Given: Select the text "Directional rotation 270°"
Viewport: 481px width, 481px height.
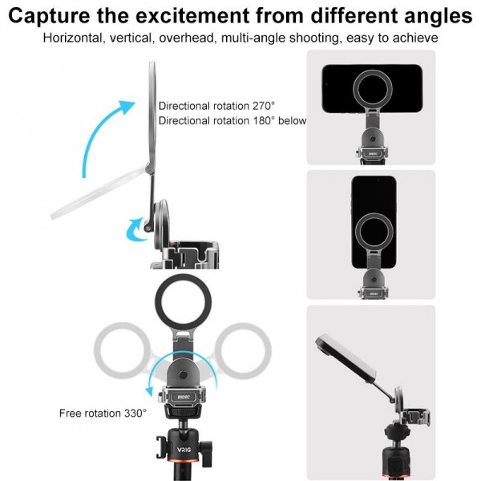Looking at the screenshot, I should click(x=216, y=106).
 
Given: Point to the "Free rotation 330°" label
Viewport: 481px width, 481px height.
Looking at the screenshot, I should click(x=103, y=414).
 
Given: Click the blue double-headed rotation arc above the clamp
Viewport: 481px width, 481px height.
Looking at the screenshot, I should click(x=172, y=372).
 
